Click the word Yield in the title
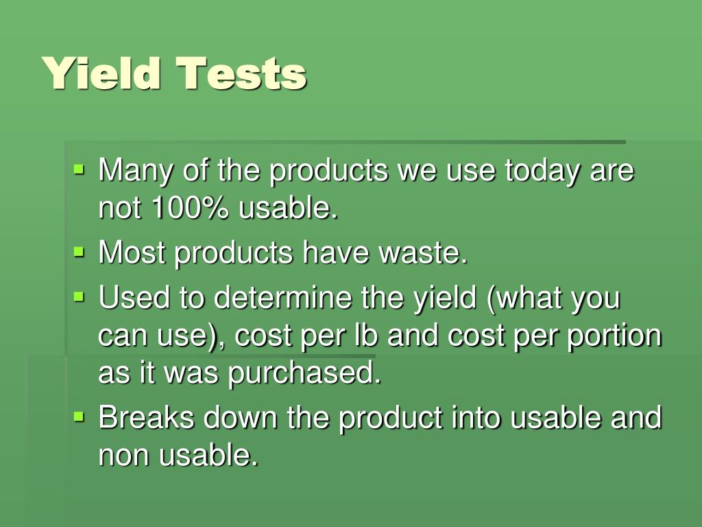[x=102, y=73]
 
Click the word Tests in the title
[x=241, y=73]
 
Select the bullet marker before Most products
[x=80, y=252]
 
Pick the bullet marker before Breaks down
[x=80, y=415]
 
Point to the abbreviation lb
[x=417, y=337]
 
